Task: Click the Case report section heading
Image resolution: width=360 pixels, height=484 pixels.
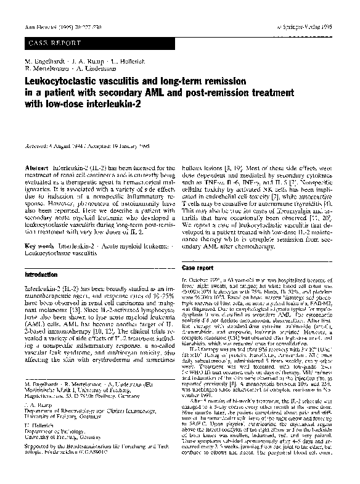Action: (198, 268)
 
